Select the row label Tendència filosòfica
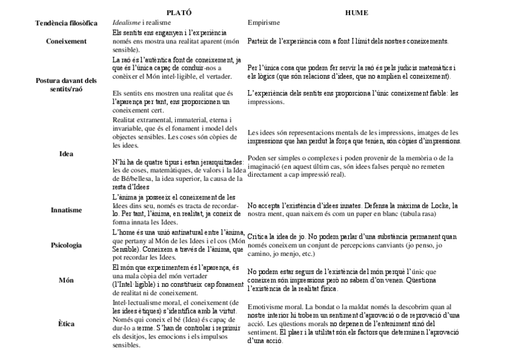[x=66, y=23]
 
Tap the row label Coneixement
[x=66, y=41]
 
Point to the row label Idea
[x=66, y=154]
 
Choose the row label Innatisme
[x=66, y=210]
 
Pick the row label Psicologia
[x=66, y=245]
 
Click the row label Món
[x=66, y=280]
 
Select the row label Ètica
[x=66, y=324]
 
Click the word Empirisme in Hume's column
[x=264, y=23]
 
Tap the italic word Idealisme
[x=126, y=23]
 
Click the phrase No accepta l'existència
[x=283, y=206]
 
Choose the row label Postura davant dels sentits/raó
[x=66, y=85]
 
